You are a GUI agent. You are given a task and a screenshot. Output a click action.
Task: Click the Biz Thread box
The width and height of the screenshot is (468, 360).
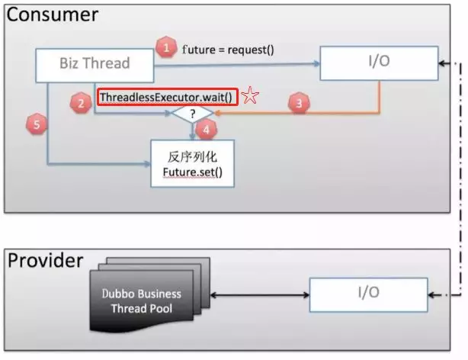tap(95, 66)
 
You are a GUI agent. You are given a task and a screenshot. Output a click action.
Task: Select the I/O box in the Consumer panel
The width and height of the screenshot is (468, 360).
tap(379, 63)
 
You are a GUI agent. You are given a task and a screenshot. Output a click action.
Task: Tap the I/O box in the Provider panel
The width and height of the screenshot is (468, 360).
tap(369, 294)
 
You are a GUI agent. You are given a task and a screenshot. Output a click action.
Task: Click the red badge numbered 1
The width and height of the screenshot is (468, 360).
tap(166, 47)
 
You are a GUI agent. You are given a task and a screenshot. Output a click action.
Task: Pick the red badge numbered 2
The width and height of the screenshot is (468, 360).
tap(81, 104)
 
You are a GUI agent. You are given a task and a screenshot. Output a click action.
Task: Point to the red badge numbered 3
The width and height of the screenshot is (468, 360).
tap(299, 103)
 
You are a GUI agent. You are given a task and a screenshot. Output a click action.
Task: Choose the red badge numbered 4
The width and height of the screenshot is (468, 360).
tap(206, 130)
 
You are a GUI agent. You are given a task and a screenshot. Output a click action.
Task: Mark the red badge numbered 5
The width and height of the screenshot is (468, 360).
tap(37, 124)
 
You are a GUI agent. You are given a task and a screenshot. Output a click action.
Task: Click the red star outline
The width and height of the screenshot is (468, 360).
tap(250, 95)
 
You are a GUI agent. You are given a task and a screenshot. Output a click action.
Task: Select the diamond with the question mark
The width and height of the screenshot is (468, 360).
tap(192, 113)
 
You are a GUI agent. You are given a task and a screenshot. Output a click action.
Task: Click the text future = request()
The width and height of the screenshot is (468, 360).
tap(228, 50)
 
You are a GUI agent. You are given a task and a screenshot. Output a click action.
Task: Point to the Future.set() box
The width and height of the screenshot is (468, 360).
tap(192, 163)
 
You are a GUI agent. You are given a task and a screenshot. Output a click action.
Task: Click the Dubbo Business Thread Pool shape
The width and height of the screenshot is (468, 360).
tap(150, 294)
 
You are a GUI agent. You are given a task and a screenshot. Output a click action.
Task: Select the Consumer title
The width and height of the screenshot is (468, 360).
tap(53, 14)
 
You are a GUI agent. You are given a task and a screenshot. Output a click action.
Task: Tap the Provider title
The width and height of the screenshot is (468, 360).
tap(46, 261)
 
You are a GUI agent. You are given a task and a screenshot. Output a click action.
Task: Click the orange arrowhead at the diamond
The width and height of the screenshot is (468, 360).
tap(217, 113)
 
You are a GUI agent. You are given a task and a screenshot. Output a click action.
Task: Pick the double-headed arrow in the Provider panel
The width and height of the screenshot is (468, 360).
tap(260, 295)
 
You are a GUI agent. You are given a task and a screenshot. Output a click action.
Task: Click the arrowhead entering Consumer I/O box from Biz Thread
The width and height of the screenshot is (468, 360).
tap(316, 63)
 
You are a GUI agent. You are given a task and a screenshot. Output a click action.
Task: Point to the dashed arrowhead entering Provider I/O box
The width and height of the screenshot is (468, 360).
tap(432, 295)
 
